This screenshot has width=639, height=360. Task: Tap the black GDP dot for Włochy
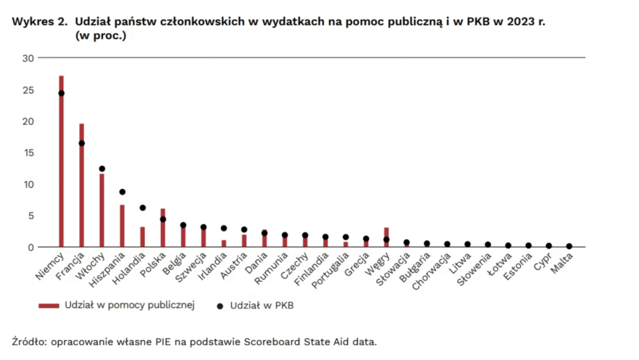(102, 168)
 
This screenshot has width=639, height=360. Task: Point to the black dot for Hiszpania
(122, 192)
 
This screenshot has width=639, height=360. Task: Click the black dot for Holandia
(142, 208)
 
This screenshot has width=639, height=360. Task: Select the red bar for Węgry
(386, 238)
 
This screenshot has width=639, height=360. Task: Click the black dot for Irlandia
(223, 228)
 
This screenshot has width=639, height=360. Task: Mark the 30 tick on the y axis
(26, 58)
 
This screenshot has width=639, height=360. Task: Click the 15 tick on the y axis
(26, 153)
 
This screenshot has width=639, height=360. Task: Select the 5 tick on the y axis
(29, 216)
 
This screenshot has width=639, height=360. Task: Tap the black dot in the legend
(219, 306)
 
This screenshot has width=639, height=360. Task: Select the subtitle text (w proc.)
(100, 36)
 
